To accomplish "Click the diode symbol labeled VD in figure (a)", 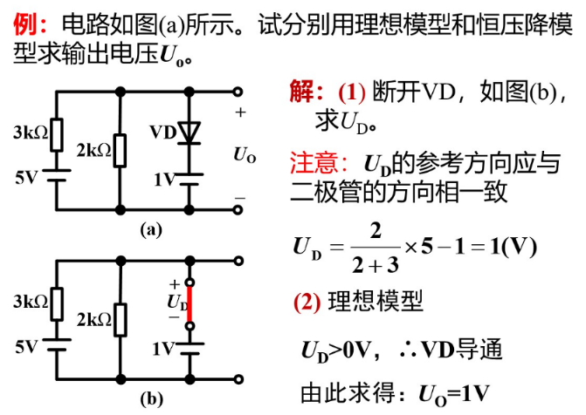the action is tap(189, 132).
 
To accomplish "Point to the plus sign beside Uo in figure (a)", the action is tap(240, 112).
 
